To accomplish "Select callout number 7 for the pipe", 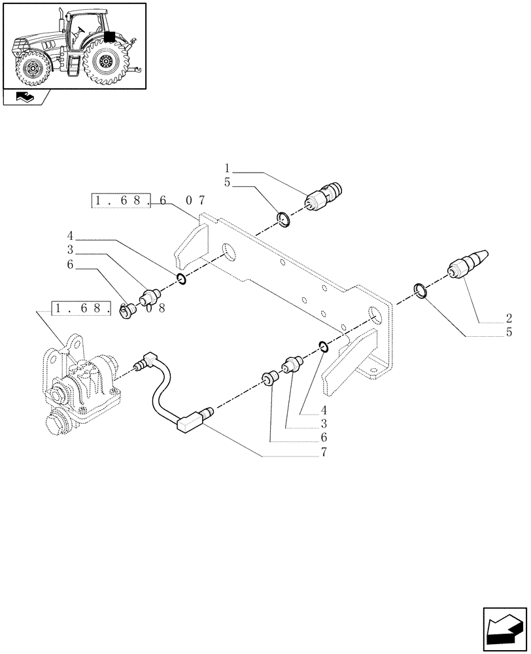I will (x=323, y=452).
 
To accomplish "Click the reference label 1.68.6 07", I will (x=140, y=201).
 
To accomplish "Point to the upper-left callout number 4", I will (x=69, y=235).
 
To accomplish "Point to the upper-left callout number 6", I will (x=69, y=266).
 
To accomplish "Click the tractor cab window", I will (x=82, y=29).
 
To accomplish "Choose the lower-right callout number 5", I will (x=507, y=333).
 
